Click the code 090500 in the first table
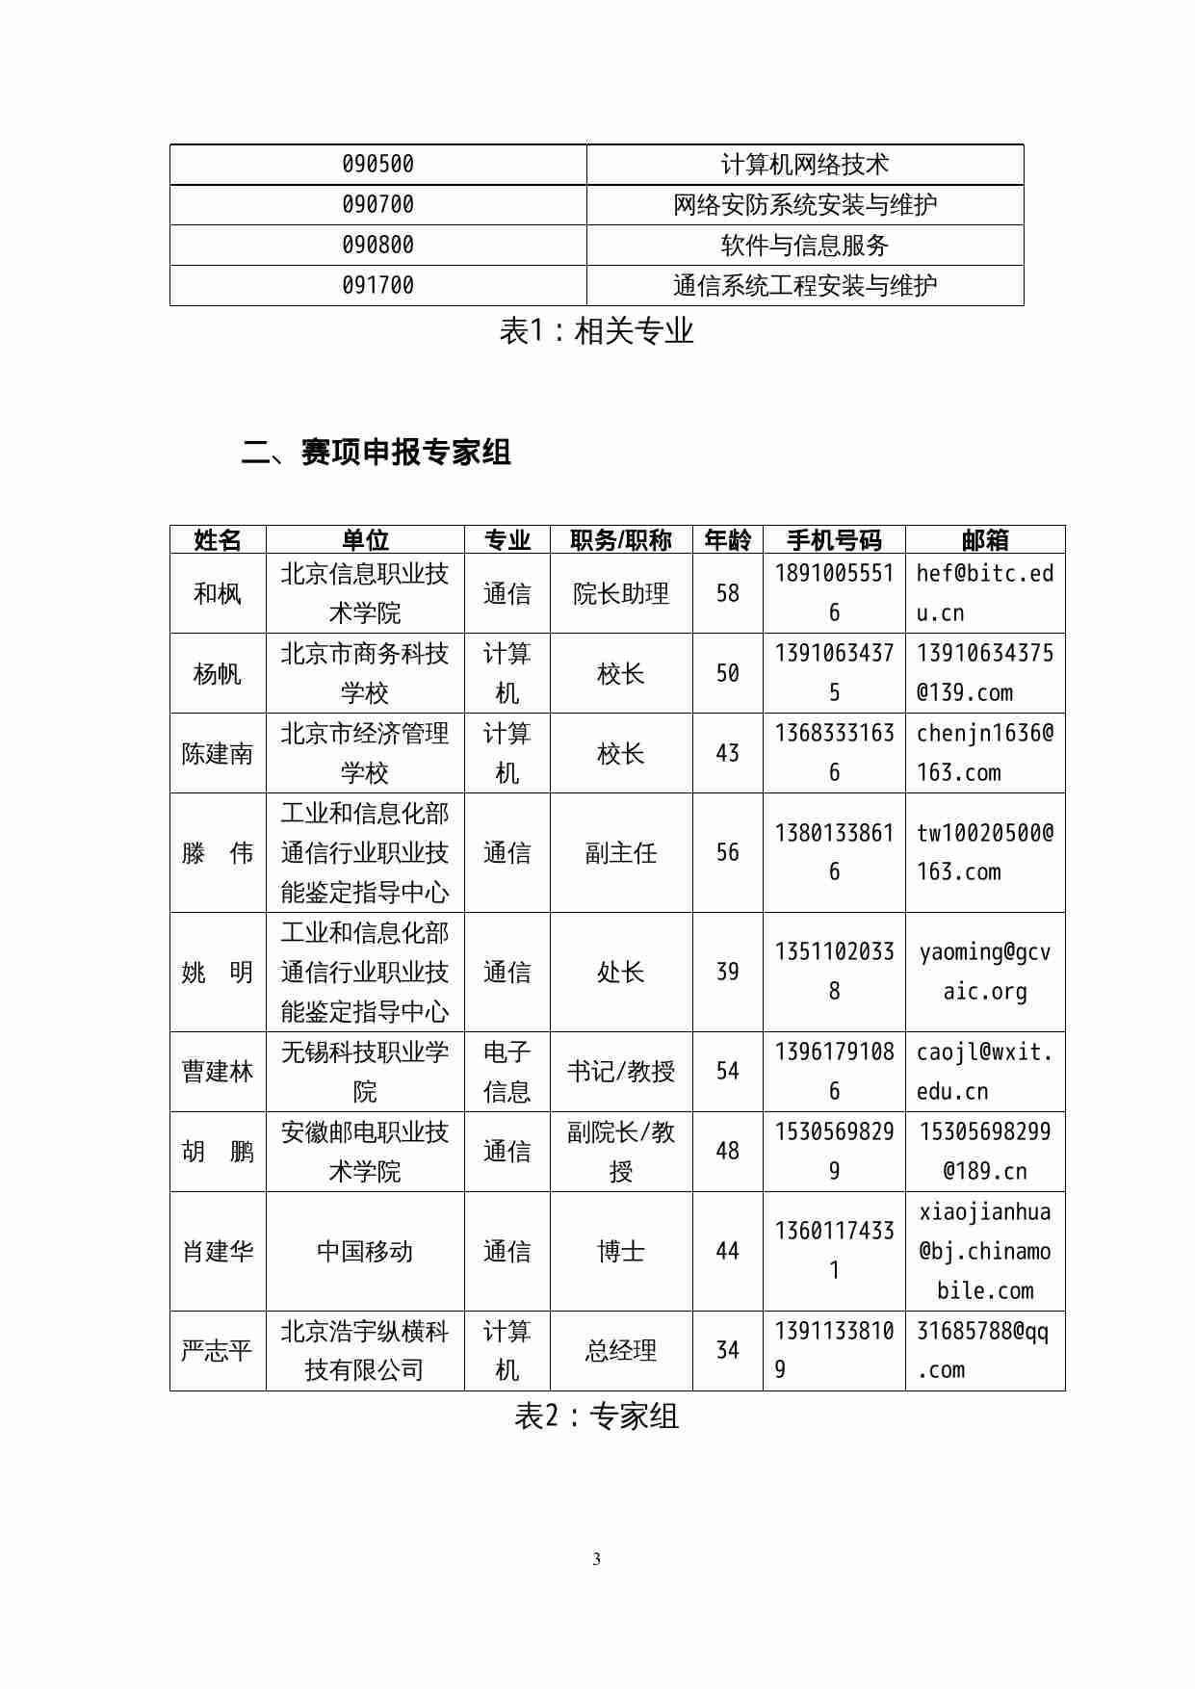377,165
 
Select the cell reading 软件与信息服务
804,246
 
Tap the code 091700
377,286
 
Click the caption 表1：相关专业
596,331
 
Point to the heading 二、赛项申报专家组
377,452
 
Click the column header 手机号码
834,540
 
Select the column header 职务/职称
620,540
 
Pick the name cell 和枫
218,593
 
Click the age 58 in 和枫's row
728,593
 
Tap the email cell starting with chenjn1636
984,753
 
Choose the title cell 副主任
620,853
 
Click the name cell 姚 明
218,973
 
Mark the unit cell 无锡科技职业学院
365,1072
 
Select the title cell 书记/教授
620,1072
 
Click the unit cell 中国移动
365,1252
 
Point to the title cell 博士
620,1252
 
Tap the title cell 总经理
620,1351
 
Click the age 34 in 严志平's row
728,1351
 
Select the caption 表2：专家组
596,1416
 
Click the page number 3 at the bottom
597,1559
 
